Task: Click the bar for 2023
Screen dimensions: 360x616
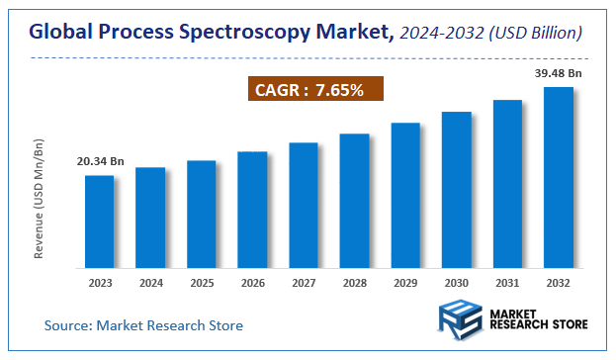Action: click(99, 222)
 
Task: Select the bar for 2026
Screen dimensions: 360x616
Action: click(252, 210)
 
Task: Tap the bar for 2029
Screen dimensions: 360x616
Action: click(405, 195)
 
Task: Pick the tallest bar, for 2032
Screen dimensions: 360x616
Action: click(559, 177)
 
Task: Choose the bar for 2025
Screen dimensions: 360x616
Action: click(201, 214)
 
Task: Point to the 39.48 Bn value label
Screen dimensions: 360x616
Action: click(558, 73)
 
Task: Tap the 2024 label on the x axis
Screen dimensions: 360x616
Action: click(150, 283)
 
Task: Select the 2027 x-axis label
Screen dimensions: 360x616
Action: click(304, 283)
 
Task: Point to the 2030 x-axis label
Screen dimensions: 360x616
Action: click(457, 283)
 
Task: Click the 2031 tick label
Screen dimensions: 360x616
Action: click(507, 283)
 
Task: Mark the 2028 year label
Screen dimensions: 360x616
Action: click(354, 283)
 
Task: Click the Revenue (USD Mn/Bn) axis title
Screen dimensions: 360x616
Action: click(40, 200)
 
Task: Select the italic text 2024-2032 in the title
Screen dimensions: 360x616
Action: click(444, 34)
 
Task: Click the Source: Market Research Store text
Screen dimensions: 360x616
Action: click(143, 324)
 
